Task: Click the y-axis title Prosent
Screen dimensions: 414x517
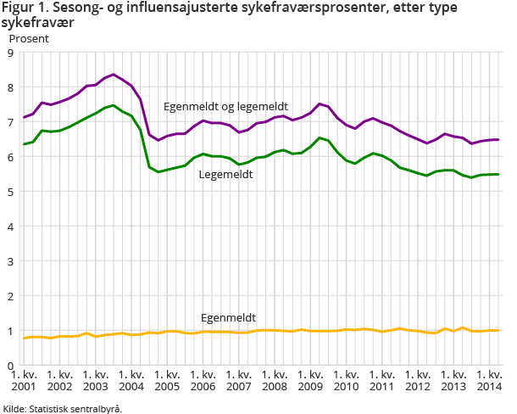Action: [29, 38]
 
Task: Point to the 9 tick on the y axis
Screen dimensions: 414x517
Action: [9, 53]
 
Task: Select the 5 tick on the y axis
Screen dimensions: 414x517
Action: [9, 192]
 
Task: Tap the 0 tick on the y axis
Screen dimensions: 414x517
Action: [9, 366]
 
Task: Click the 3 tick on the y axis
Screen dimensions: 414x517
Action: [9, 261]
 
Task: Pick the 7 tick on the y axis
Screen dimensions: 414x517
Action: [9, 122]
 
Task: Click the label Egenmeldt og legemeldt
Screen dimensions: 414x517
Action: [225, 107]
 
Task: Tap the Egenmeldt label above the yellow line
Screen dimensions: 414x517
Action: [228, 317]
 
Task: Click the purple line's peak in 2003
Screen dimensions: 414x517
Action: [114, 75]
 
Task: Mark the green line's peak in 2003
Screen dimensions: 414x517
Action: [114, 105]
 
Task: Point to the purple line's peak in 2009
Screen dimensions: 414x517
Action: [320, 104]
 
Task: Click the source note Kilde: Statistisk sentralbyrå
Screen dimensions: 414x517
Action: [63, 408]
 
